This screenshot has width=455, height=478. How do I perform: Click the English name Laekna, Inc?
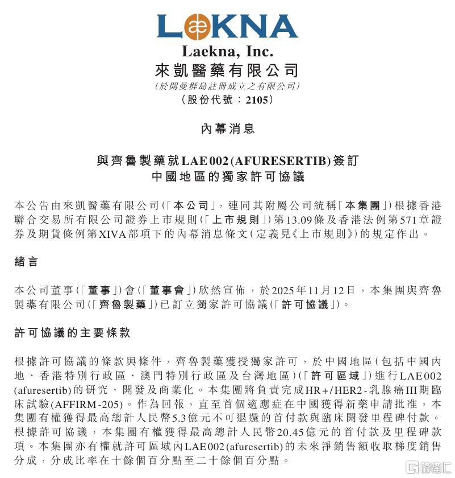(x=227, y=52)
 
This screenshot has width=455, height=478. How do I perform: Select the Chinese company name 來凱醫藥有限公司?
(x=227, y=71)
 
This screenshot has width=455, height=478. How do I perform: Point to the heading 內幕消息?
(x=227, y=129)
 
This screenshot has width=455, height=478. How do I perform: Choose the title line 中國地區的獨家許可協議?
(x=227, y=176)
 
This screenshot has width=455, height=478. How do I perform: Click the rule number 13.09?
(x=300, y=219)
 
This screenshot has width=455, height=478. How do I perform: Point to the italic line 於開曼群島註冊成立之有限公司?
(x=227, y=86)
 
